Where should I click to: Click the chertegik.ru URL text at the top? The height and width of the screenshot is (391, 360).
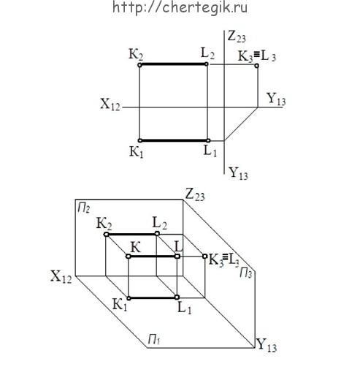[180, 7]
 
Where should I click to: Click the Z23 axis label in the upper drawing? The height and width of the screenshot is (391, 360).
[237, 37]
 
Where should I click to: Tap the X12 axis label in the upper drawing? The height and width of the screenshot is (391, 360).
[110, 105]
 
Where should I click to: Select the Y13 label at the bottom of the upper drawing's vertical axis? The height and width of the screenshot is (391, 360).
[239, 173]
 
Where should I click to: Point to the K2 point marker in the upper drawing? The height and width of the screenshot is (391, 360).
[139, 65]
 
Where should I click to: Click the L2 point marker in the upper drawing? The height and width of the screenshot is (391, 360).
[206, 64]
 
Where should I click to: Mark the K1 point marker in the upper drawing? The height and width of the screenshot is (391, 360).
[140, 140]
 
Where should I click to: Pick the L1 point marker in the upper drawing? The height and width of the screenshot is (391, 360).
[208, 140]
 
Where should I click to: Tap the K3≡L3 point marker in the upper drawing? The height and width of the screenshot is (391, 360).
[256, 66]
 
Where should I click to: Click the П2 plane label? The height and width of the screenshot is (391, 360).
[84, 208]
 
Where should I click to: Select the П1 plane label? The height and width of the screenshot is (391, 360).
[154, 340]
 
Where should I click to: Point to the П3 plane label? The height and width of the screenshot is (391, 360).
[246, 273]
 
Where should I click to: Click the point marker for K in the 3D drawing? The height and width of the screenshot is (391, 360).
[128, 257]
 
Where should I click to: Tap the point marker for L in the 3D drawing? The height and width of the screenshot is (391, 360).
[177, 257]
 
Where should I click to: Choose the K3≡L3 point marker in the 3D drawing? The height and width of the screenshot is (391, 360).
[204, 256]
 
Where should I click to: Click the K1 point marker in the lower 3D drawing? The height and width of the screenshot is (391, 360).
[129, 298]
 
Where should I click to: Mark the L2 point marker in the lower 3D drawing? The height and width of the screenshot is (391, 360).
[157, 234]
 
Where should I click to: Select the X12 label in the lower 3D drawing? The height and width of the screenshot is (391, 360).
[61, 276]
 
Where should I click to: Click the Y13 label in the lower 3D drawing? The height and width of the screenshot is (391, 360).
[267, 346]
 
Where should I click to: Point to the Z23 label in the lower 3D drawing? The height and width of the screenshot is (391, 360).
[195, 194]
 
